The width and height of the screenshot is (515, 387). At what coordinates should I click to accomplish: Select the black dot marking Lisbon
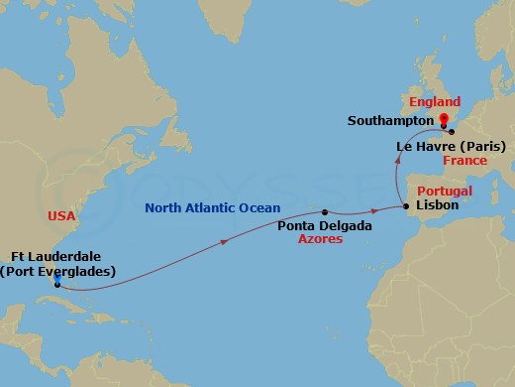coord(406,206)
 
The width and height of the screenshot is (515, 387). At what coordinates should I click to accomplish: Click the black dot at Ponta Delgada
coord(324,212)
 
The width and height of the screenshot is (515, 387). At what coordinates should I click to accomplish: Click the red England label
coord(435,102)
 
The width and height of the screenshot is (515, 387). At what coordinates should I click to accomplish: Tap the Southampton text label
coord(388,121)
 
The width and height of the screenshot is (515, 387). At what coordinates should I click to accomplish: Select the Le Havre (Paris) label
coord(451,146)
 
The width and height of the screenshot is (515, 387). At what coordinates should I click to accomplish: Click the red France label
coord(464,160)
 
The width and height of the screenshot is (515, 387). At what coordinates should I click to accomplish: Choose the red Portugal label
coord(444,191)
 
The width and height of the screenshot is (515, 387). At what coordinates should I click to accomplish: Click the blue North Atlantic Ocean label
coord(212,208)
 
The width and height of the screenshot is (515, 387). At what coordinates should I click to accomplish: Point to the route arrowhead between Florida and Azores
coord(231,241)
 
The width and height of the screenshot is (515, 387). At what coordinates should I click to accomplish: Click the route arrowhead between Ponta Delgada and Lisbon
coord(374,211)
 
